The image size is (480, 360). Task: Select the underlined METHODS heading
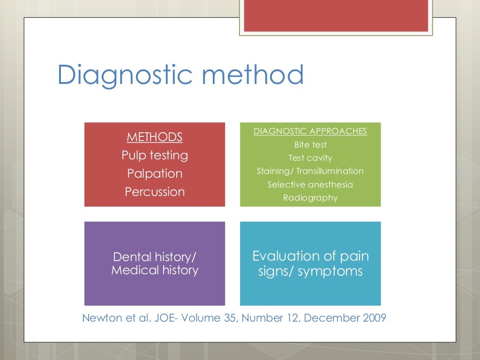click(x=155, y=137)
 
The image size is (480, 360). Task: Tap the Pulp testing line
click(x=155, y=155)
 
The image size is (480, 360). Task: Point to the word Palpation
click(x=155, y=173)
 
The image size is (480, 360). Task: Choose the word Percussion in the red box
click(x=155, y=192)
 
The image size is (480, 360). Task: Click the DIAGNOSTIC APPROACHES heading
click(x=310, y=131)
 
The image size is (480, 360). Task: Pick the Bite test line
click(x=310, y=145)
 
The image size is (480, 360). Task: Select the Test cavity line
click(x=310, y=158)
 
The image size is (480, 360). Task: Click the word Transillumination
click(x=330, y=171)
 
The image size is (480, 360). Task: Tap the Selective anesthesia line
click(x=310, y=185)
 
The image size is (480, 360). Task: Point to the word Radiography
click(x=310, y=198)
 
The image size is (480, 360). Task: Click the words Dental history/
click(x=155, y=257)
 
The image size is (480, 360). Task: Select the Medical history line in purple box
click(x=155, y=270)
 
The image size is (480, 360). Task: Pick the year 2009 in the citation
click(x=374, y=318)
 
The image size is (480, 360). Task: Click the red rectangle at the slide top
click(x=336, y=15)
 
